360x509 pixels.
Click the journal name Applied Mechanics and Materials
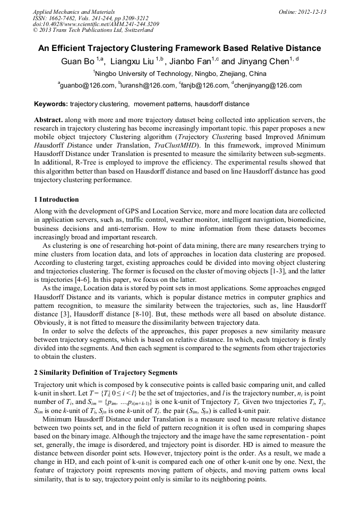74,12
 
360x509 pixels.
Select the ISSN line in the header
90,18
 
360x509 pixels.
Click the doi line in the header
96,24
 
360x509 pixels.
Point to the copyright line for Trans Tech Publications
93,31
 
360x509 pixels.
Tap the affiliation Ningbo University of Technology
181,74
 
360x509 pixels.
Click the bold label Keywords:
50,104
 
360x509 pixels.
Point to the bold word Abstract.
48,120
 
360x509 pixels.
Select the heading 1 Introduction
56,200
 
